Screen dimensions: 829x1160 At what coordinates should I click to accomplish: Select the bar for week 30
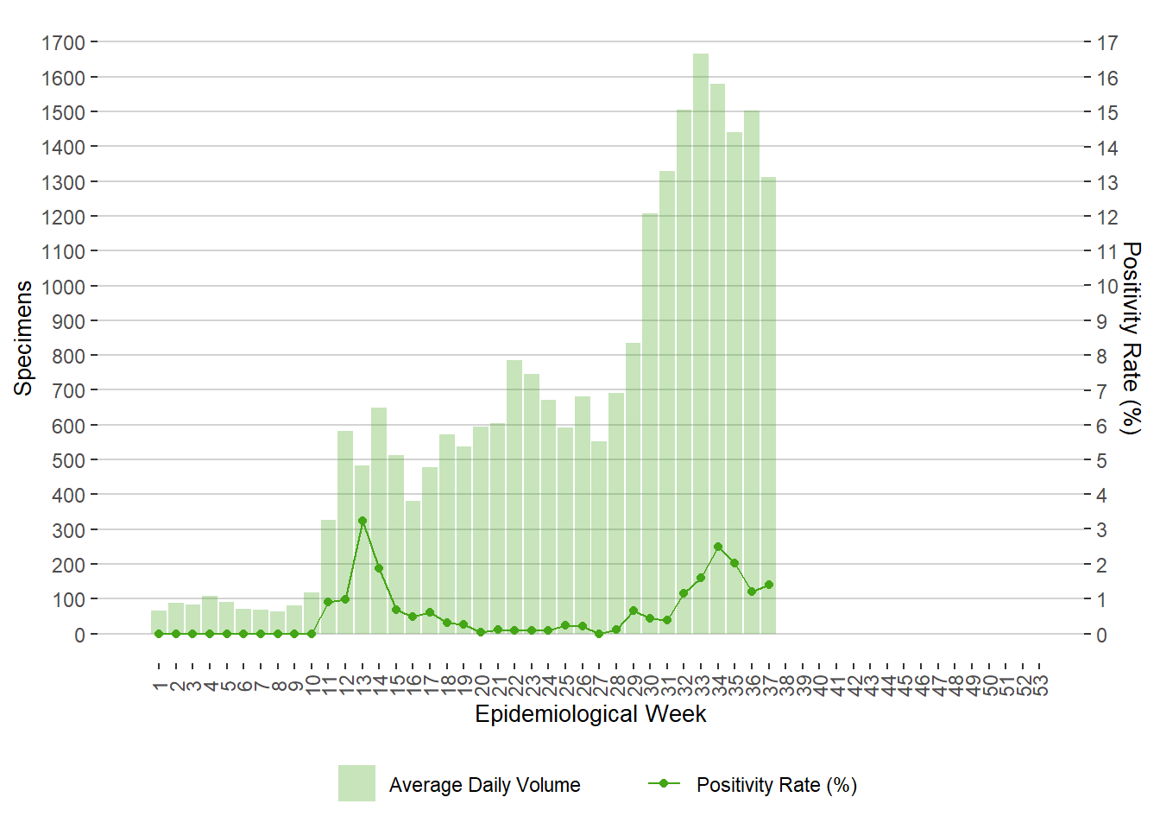650,423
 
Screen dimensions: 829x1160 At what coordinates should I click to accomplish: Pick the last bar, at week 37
768,405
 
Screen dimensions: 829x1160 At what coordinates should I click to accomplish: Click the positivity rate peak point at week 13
362,521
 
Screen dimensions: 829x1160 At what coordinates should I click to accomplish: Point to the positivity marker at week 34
718,547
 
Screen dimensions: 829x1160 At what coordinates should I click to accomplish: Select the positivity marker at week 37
768,585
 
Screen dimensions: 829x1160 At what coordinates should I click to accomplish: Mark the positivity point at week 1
159,634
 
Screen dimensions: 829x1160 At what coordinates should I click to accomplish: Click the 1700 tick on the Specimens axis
63,42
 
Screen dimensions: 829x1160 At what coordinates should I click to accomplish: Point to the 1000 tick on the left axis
63,286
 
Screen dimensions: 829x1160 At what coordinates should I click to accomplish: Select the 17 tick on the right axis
1107,42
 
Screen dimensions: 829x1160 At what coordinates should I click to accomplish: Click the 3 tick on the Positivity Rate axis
1101,529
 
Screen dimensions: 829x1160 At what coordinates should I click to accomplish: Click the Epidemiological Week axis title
590,714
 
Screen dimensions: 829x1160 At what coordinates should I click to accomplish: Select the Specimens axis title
23,338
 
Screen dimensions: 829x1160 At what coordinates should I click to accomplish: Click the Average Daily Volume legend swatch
356,783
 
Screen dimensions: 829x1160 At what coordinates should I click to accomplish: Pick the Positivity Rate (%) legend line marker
664,783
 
